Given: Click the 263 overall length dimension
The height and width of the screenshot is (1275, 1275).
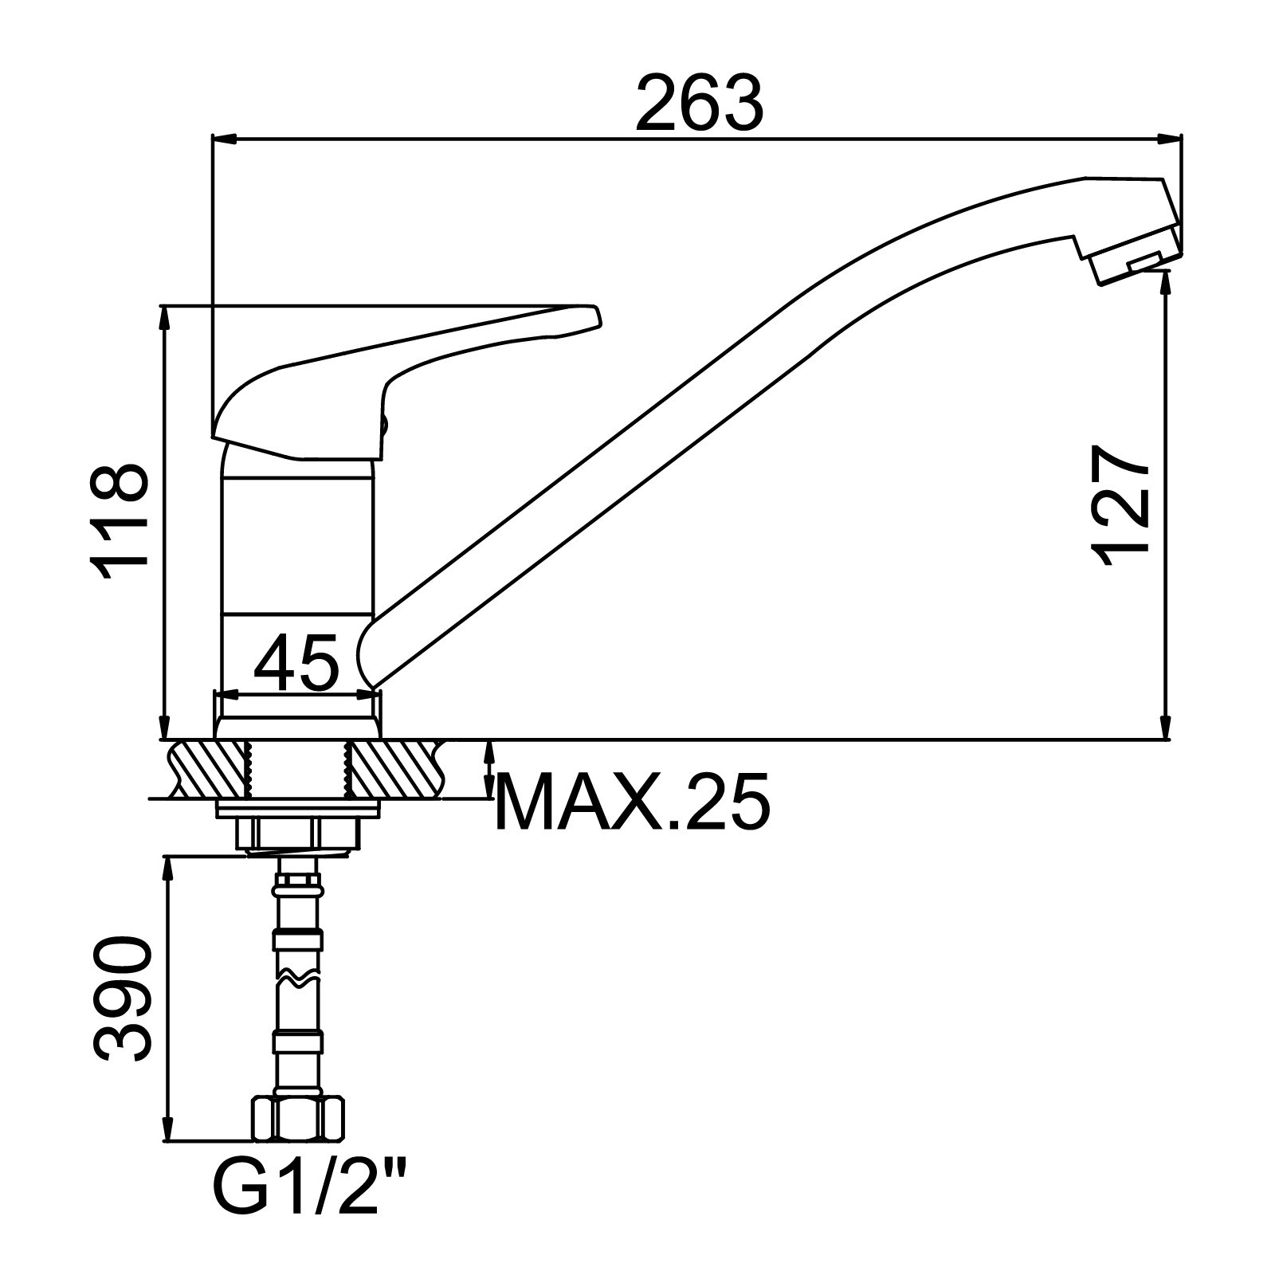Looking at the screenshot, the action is click(699, 104).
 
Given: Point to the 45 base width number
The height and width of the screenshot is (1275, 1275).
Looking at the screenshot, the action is click(296, 661).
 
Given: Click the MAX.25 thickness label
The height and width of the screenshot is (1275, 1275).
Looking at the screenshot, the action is click(633, 802).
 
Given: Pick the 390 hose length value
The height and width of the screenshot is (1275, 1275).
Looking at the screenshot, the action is click(122, 999).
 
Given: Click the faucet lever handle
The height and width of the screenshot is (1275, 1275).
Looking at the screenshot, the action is click(406, 375).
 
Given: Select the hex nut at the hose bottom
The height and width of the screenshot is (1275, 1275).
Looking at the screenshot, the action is click(299, 1120).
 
